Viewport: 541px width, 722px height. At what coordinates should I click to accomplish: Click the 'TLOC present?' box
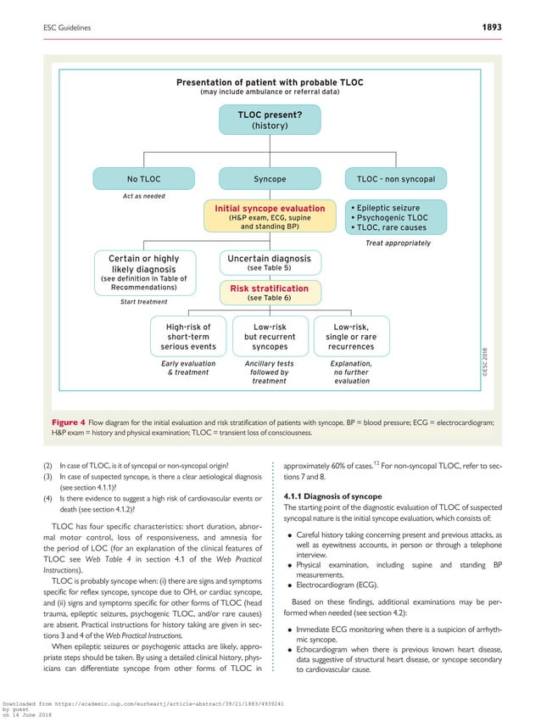click(x=270, y=120)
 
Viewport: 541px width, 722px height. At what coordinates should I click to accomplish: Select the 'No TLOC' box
click(x=143, y=179)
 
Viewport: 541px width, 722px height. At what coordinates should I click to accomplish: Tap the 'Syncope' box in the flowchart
click(x=270, y=179)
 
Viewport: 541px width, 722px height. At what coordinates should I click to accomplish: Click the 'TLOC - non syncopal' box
click(x=396, y=179)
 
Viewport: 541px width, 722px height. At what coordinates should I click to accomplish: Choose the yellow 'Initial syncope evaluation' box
click(x=270, y=216)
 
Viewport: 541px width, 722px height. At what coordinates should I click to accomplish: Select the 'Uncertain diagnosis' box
click(x=270, y=262)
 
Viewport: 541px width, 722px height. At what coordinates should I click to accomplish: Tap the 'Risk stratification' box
click(x=270, y=293)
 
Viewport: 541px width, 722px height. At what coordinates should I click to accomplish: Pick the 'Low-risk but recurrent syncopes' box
click(x=270, y=336)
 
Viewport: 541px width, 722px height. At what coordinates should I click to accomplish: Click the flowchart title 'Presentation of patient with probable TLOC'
click(x=270, y=82)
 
